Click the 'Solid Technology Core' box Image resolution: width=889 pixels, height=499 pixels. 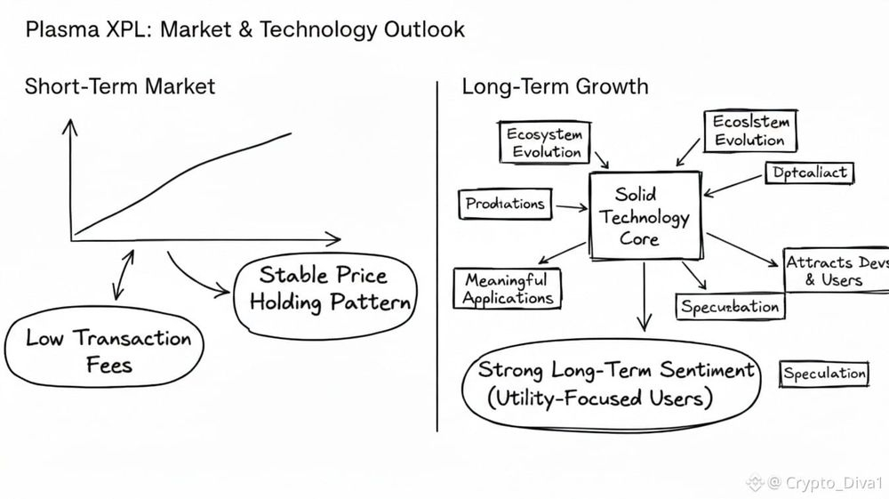645,216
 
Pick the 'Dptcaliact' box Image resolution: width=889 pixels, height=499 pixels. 808,172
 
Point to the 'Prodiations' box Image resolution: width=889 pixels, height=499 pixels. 505,204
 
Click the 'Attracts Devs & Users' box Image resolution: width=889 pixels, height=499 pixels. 834,271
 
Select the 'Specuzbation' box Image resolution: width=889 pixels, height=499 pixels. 730,307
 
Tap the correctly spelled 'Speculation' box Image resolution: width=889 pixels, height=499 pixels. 824,374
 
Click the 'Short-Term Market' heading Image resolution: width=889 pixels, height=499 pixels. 120,86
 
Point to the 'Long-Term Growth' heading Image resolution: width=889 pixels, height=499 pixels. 555,86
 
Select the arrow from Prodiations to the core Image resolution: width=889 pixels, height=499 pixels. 569,206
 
